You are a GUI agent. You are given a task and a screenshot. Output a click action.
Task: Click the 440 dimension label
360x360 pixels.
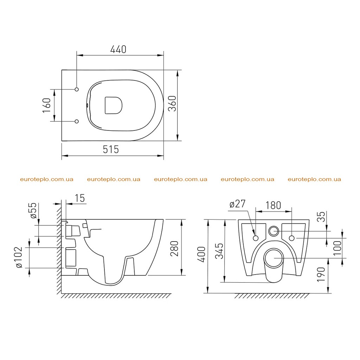tap(118, 49)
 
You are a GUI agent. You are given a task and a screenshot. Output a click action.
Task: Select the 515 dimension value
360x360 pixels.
tap(111, 149)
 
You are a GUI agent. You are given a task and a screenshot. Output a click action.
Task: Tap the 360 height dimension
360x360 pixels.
tap(172, 104)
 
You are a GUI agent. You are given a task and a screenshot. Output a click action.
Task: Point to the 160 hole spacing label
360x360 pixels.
tap(47, 105)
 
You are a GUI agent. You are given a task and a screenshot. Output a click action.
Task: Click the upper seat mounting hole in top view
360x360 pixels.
tap(77, 89)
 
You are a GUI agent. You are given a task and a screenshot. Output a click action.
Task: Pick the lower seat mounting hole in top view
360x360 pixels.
tap(77, 121)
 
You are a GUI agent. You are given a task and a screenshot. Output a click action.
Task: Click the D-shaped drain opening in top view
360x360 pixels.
tap(114, 105)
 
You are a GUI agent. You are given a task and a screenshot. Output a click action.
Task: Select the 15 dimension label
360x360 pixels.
tap(80, 198)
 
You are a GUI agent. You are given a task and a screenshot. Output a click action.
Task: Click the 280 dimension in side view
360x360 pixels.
tap(174, 249)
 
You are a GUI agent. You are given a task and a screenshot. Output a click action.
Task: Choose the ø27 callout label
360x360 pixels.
tap(237, 204)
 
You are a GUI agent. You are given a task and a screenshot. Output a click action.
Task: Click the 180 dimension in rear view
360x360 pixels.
tap(273, 205)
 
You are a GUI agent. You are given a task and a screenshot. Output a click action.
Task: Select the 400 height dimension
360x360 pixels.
tap(201, 255)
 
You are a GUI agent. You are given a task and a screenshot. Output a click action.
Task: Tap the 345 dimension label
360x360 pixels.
tap(219, 251)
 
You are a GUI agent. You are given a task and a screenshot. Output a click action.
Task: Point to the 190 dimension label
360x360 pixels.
tap(321, 274)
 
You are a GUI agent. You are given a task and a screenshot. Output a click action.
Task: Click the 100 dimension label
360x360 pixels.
tap(337, 248)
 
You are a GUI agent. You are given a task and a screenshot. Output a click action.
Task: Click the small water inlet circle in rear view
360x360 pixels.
tap(274, 231)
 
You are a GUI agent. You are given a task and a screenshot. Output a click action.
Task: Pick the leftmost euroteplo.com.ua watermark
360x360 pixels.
tap(47, 179)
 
